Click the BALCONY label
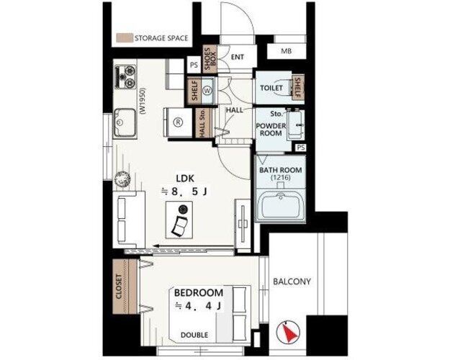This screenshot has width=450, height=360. (292, 282)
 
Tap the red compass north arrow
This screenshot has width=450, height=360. (290, 332)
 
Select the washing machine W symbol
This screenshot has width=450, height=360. (207, 91)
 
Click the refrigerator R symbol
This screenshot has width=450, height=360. (179, 122)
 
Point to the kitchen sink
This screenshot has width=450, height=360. (125, 123)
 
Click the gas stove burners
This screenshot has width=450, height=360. (125, 76)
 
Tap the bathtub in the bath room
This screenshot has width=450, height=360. (280, 207)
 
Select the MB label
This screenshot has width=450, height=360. (286, 51)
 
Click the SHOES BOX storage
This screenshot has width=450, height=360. (210, 59)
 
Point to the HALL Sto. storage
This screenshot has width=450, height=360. (204, 123)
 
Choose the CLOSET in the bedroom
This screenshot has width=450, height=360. (125, 287)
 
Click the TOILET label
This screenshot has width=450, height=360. (271, 88)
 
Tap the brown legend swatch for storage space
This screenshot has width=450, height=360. (125, 38)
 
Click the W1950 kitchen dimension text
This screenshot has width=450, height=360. (143, 101)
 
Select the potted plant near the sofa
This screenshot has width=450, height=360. (122, 179)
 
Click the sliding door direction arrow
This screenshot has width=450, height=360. (194, 246)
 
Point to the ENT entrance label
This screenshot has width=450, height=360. (238, 57)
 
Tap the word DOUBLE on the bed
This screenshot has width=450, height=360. (194, 335)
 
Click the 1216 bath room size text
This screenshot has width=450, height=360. (281, 178)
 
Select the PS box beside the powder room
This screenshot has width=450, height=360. (300, 148)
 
